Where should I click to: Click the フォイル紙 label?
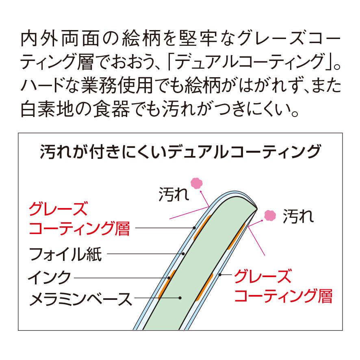point(65,255)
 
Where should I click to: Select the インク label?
point(49,278)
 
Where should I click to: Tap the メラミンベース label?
point(80,300)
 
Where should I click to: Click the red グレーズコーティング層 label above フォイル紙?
point(79,219)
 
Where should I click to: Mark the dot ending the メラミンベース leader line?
point(180,298)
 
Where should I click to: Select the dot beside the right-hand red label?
point(220,275)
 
